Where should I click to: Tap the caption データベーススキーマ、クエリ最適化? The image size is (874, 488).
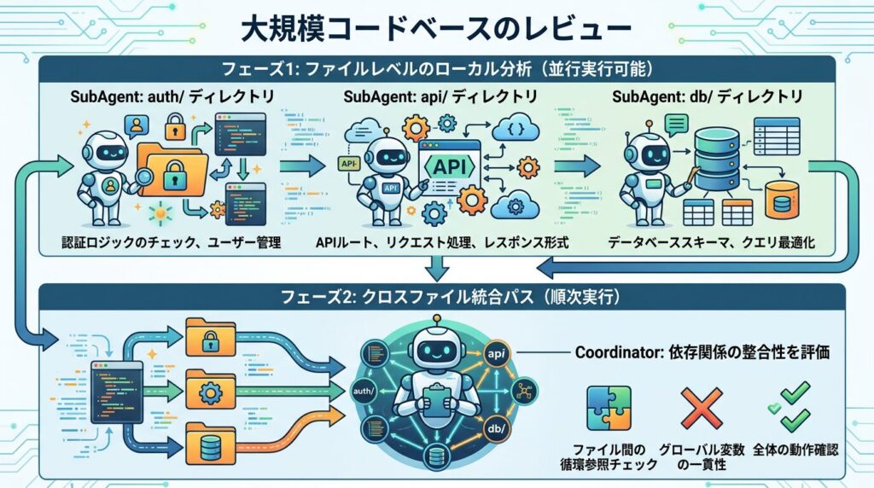tap(711, 243)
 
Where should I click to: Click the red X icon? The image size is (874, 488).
tap(702, 407)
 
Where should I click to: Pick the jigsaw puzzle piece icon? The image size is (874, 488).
tap(609, 407)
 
